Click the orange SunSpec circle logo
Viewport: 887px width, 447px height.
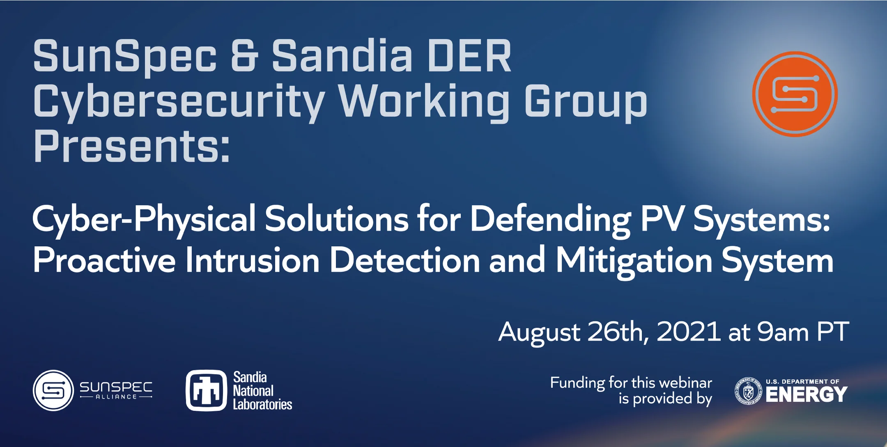coord(795,94)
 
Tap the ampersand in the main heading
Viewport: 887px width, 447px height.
coord(244,55)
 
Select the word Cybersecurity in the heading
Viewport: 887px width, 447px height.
coord(179,102)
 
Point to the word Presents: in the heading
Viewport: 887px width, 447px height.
coord(131,147)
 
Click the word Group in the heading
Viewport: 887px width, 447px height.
coord(585,102)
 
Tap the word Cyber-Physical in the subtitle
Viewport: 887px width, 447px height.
coord(144,220)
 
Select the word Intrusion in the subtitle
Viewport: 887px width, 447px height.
coord(252,261)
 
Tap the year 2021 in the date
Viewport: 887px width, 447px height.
coord(688,332)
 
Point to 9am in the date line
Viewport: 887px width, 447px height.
coord(783,332)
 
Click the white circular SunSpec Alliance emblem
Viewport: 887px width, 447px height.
coord(53,390)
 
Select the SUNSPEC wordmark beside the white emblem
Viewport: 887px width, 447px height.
coord(116,387)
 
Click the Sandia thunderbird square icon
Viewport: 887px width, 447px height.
coord(206,390)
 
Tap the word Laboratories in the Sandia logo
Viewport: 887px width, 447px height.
coord(262,405)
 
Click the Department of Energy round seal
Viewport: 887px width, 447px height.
coord(748,391)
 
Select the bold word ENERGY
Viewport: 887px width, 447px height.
coord(806,395)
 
